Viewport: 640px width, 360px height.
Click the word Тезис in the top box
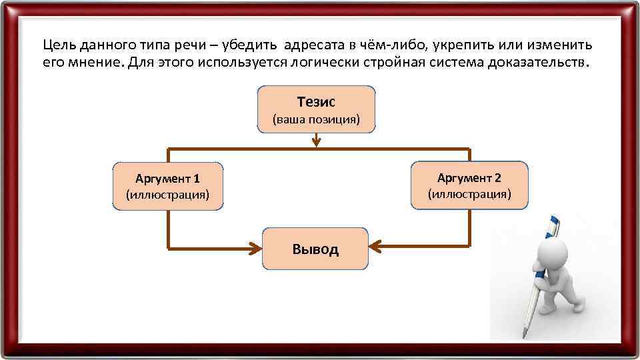[x=316, y=102]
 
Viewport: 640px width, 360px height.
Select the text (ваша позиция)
[x=316, y=120]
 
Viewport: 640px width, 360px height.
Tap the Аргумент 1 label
[x=167, y=179]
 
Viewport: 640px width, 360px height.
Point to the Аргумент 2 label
[x=469, y=177]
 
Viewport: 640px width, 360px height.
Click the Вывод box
[x=315, y=249]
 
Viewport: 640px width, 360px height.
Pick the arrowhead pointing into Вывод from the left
[x=255, y=248]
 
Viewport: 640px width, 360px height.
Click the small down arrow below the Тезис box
[x=317, y=141]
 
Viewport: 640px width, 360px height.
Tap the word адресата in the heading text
[x=313, y=45]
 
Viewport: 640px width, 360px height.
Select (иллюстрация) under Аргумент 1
[x=167, y=195]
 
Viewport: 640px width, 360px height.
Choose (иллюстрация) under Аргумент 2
[x=469, y=194]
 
